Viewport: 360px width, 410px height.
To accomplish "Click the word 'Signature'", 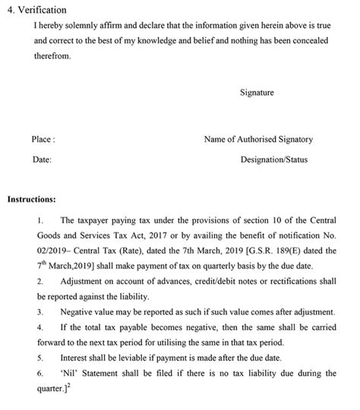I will click(x=257, y=93).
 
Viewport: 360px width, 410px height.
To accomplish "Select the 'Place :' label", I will click(x=43, y=140).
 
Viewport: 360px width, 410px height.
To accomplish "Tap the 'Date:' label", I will click(x=42, y=161).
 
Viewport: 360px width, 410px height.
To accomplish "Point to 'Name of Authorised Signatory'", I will click(x=258, y=140).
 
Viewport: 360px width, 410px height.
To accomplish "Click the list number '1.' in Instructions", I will click(x=39, y=221).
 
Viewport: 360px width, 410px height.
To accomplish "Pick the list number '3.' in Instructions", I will click(x=39, y=312).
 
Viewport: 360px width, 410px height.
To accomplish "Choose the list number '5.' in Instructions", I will click(x=39, y=358).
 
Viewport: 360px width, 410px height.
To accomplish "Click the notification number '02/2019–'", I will click(x=53, y=251).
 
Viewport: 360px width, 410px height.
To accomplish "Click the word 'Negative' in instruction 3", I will click(x=78, y=312).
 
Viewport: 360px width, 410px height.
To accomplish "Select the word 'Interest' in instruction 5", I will click(x=76, y=358).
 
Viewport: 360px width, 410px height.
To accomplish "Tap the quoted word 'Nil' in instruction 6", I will click(x=70, y=373).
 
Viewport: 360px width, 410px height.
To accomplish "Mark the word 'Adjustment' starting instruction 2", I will click(x=84, y=282).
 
